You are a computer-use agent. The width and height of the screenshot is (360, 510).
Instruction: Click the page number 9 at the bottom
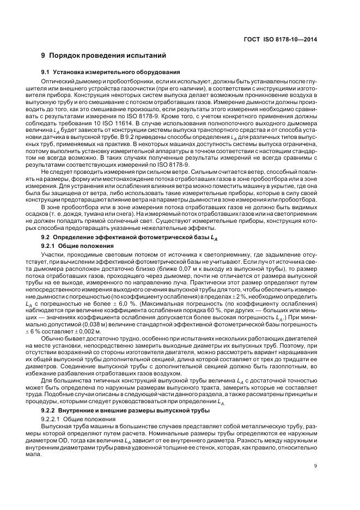316,465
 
